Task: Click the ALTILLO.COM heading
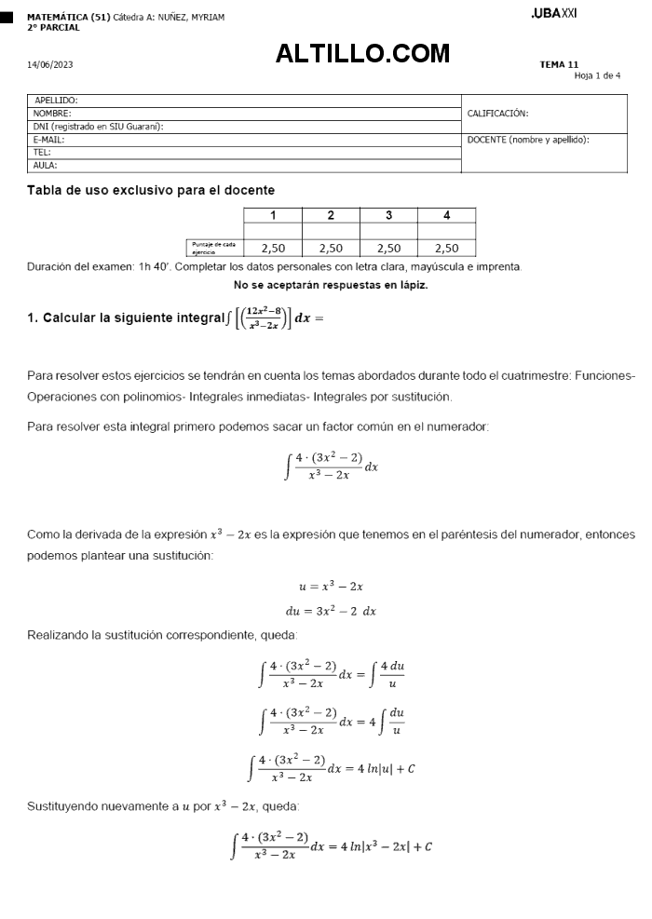coord(362,54)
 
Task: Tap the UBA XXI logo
coord(553,14)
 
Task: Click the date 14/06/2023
coord(50,64)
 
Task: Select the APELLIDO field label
coord(56,100)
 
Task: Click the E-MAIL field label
coord(48,139)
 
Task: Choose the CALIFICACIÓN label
coord(497,114)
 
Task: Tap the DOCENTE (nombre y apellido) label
coord(528,140)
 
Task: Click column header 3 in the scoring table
coord(388,215)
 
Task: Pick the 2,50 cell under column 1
coord(273,248)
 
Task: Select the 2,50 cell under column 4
coord(446,248)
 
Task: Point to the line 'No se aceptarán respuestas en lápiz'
coord(331,285)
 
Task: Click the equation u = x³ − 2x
coord(331,587)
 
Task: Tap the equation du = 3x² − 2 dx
coord(331,612)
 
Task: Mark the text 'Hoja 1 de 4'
coord(597,75)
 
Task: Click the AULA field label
coord(45,165)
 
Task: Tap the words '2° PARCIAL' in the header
coord(53,27)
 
